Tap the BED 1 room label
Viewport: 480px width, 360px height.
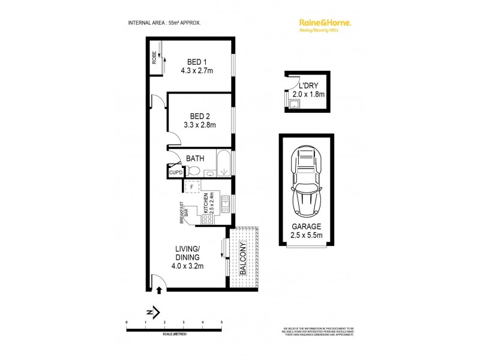(197, 62)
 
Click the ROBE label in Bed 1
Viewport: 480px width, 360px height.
(154, 58)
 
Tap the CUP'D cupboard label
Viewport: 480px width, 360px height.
(176, 173)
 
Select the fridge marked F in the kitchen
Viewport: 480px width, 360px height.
(191, 187)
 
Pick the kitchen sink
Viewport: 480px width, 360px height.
(226, 203)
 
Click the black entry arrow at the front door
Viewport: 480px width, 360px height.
(159, 290)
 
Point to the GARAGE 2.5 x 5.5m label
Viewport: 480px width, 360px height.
(307, 231)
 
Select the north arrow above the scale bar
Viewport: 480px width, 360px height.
(153, 311)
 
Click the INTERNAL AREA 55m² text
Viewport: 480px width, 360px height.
(164, 22)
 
